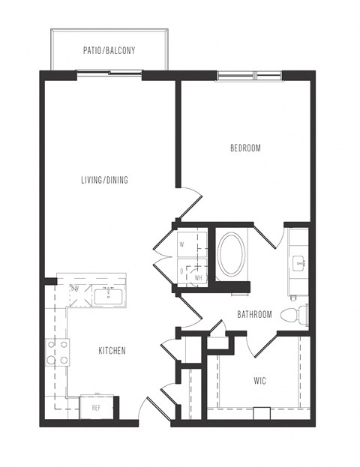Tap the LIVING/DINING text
(x=105, y=180)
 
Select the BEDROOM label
(x=245, y=148)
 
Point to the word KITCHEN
(x=112, y=351)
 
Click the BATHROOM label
(x=254, y=315)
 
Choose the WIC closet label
(x=259, y=381)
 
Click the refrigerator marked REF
(x=96, y=408)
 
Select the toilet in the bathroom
(x=293, y=314)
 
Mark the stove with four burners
(x=58, y=352)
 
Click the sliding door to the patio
(x=109, y=75)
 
